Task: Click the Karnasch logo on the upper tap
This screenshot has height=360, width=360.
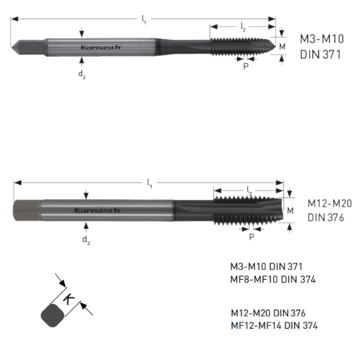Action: (100, 47)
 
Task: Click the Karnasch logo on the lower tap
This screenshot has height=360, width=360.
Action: (97, 210)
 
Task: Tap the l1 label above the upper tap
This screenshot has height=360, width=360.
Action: (144, 19)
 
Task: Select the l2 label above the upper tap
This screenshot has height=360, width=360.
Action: (243, 27)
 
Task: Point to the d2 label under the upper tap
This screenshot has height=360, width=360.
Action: (82, 75)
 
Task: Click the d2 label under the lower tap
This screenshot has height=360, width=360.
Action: (86, 240)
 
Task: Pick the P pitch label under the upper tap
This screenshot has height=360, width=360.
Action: (246, 66)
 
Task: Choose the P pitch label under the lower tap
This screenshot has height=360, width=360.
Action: (252, 237)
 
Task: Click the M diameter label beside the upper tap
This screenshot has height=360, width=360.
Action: (282, 46)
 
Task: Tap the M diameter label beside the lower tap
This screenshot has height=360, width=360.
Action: (290, 211)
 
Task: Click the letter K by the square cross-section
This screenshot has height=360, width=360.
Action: (69, 300)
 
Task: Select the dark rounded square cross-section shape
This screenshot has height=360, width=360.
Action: (53, 315)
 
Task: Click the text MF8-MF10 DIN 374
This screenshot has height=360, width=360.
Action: (273, 279)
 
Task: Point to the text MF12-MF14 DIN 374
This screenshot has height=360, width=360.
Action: (274, 325)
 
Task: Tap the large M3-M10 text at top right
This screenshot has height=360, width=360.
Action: (322, 39)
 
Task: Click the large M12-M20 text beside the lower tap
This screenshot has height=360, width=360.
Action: (329, 204)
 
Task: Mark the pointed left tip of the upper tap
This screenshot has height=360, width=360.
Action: (12, 47)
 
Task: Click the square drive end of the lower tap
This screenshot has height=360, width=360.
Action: (27, 210)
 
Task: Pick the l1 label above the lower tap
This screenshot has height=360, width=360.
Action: (149, 183)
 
